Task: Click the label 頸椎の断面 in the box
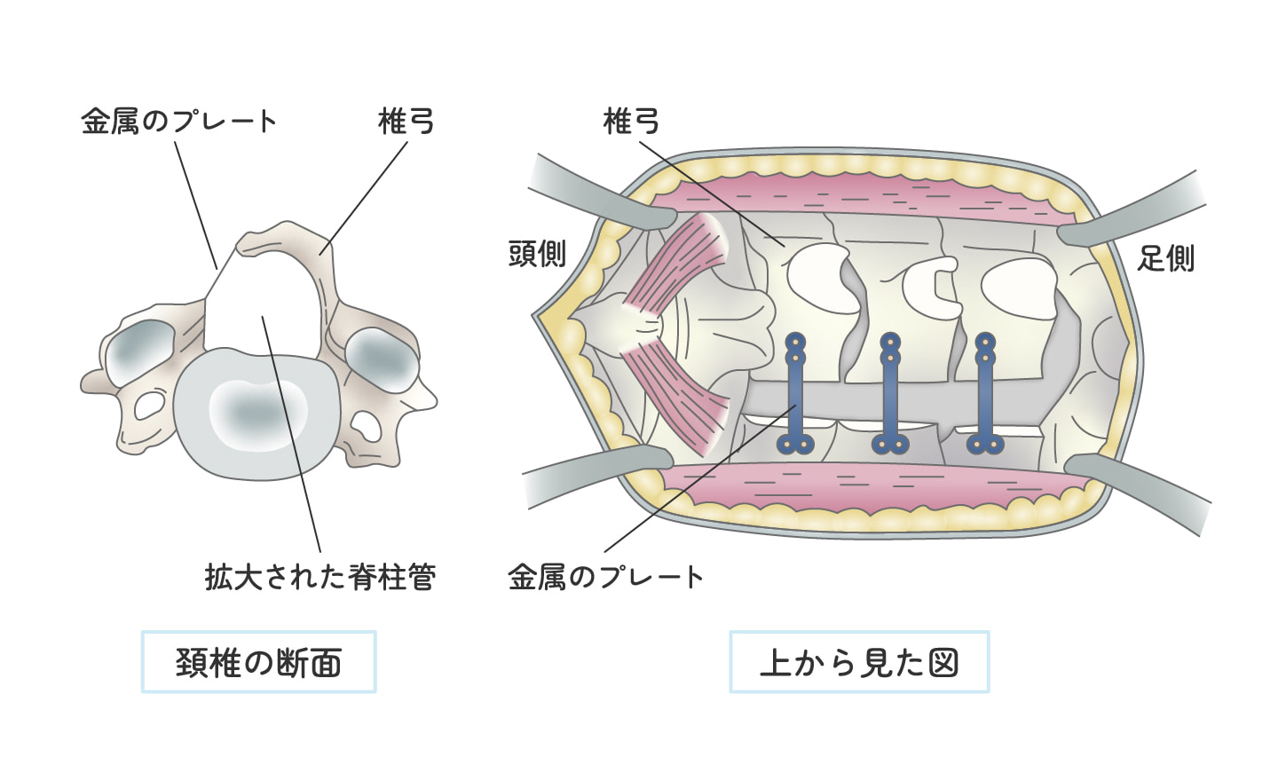258,662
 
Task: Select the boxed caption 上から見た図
859,662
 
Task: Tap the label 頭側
537,254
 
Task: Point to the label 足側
1165,258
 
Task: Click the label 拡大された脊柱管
320,577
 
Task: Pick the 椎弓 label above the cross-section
406,121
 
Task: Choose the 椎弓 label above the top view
631,121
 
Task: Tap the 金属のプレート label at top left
178,121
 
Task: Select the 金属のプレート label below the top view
605,577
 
